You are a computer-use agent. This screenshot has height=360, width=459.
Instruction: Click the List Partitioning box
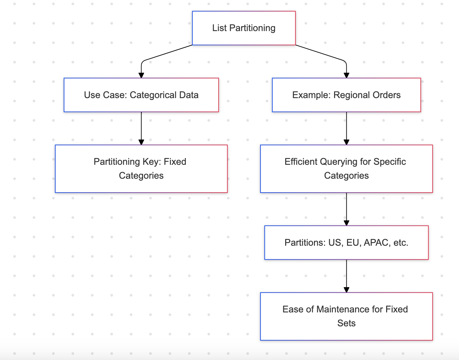(x=244, y=28)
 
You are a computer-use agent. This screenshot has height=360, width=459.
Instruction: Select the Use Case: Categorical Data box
(x=141, y=95)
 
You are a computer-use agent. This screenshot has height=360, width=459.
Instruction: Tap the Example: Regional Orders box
(x=346, y=95)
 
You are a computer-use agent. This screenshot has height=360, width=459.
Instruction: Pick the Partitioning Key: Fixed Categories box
(x=141, y=169)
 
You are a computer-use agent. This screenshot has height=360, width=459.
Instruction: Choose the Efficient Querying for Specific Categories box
(x=346, y=169)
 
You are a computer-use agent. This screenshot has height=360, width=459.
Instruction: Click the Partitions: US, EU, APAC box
(x=346, y=242)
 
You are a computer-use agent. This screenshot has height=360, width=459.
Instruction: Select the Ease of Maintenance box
(x=346, y=316)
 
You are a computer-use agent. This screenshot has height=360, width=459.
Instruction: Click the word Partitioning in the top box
(x=252, y=28)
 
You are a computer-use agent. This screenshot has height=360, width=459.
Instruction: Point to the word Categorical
(x=153, y=95)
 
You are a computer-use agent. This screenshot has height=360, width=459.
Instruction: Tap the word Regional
(x=352, y=95)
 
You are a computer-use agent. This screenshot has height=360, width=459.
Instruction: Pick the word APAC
(x=377, y=242)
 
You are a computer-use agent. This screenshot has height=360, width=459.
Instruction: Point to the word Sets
(x=346, y=323)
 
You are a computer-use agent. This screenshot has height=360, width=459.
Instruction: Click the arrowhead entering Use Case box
(x=141, y=75)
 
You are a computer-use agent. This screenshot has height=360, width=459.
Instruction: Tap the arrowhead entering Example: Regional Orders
(x=346, y=75)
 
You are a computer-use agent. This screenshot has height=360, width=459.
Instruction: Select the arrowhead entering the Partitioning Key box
(x=141, y=142)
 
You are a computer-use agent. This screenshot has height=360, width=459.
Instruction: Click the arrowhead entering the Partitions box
(x=346, y=223)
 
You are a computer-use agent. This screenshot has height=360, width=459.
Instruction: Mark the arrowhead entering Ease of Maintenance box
(x=346, y=290)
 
